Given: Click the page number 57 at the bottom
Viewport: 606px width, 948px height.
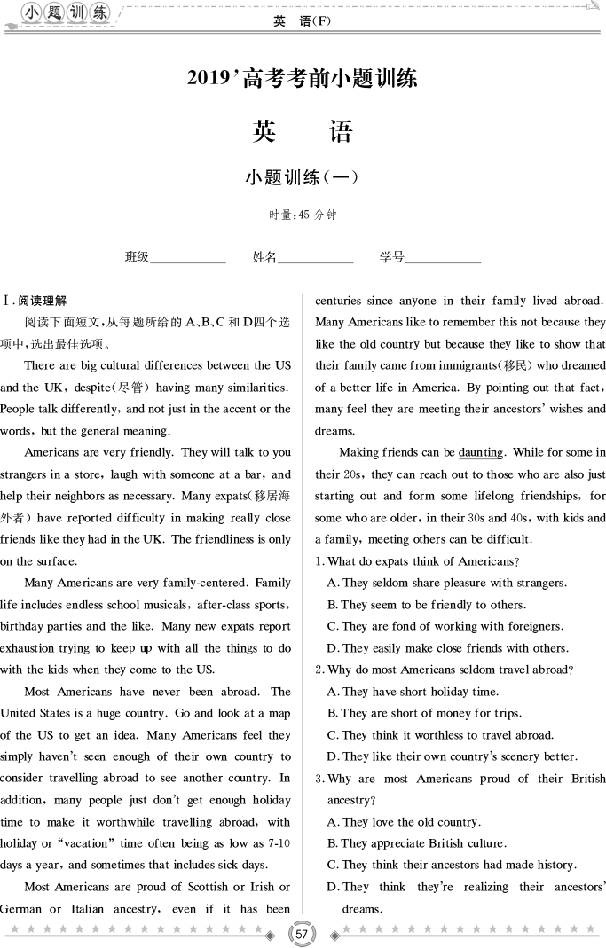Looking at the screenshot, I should [x=303, y=934].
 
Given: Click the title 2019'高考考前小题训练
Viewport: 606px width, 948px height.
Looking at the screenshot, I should [x=303, y=78].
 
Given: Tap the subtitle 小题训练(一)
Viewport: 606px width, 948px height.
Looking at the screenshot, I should [x=302, y=176].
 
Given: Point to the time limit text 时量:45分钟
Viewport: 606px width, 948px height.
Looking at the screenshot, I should [x=303, y=215].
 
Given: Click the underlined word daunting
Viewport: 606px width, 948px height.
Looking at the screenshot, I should [x=481, y=453].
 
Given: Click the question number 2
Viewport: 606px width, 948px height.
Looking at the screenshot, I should [x=319, y=670].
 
